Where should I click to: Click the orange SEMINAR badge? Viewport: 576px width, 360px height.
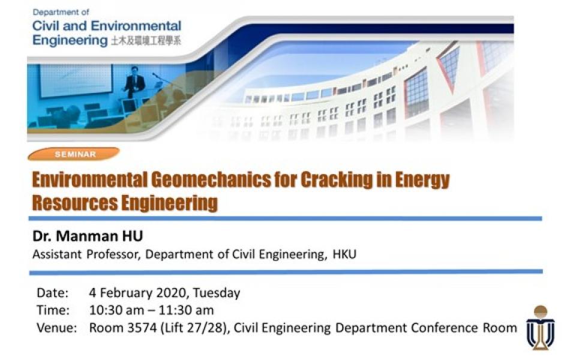pyautogui.click(x=74, y=154)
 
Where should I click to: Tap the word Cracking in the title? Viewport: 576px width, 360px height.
pyautogui.click(x=337, y=180)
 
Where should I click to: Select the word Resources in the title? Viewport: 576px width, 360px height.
pyautogui.click(x=74, y=203)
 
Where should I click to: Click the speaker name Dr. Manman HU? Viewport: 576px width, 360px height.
pyautogui.click(x=88, y=236)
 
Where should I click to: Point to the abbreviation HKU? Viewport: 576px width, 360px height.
pyautogui.click(x=344, y=254)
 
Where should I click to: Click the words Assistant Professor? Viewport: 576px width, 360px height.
pyautogui.click(x=86, y=254)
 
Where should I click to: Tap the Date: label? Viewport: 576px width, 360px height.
pyautogui.click(x=53, y=293)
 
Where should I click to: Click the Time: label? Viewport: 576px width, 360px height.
pyautogui.click(x=53, y=310)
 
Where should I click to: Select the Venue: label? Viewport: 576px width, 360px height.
pyautogui.click(x=57, y=328)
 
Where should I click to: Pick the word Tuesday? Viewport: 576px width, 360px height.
pyautogui.click(x=217, y=293)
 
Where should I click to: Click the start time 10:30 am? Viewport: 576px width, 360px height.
pyautogui.click(x=116, y=310)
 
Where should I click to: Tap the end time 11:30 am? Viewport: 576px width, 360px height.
pyautogui.click(x=186, y=310)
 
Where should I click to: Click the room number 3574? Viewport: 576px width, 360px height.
pyautogui.click(x=142, y=328)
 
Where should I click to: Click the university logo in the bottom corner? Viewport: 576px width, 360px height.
pyautogui.click(x=541, y=328)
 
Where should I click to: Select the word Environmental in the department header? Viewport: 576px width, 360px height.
pyautogui.click(x=136, y=26)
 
